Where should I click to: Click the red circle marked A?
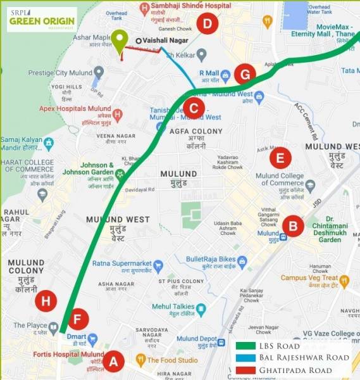(114, 362)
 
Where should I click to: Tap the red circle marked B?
(292, 225)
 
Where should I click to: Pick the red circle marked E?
(280, 158)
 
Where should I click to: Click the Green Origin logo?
(41, 19)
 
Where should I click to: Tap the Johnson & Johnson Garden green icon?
(119, 173)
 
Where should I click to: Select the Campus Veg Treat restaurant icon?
(344, 280)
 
